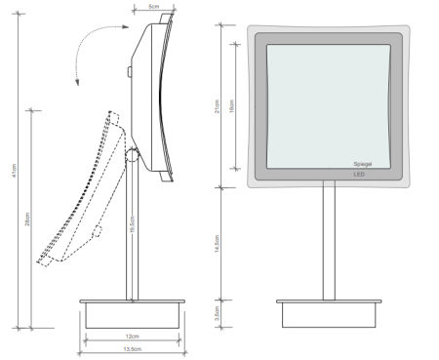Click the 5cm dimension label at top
154,7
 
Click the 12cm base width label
132,337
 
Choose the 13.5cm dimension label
132,350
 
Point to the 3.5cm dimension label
218,313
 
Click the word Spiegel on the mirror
363,164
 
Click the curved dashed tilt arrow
90,49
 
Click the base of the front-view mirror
328,313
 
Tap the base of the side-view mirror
132,313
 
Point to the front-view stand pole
328,243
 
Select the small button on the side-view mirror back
127,71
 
